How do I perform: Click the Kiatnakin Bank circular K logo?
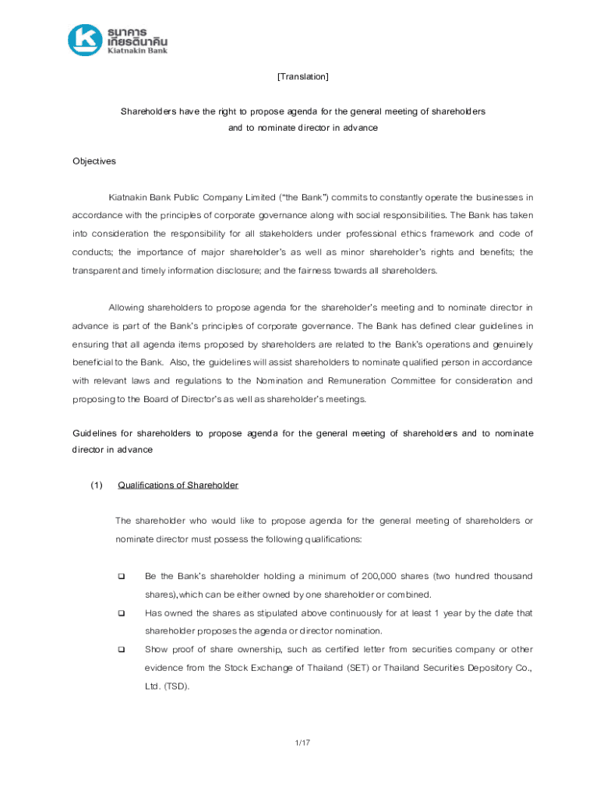click(x=84, y=41)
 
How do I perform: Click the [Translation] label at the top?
click(x=302, y=76)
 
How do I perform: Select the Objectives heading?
click(x=94, y=161)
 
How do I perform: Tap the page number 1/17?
click(x=303, y=743)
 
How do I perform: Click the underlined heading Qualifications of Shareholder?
click(x=178, y=486)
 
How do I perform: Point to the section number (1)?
click(x=95, y=486)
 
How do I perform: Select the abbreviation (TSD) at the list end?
click(x=176, y=687)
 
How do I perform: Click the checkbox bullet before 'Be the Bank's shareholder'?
click(x=122, y=577)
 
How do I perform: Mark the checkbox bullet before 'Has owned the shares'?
click(x=122, y=613)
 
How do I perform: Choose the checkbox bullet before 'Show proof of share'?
click(x=122, y=650)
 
